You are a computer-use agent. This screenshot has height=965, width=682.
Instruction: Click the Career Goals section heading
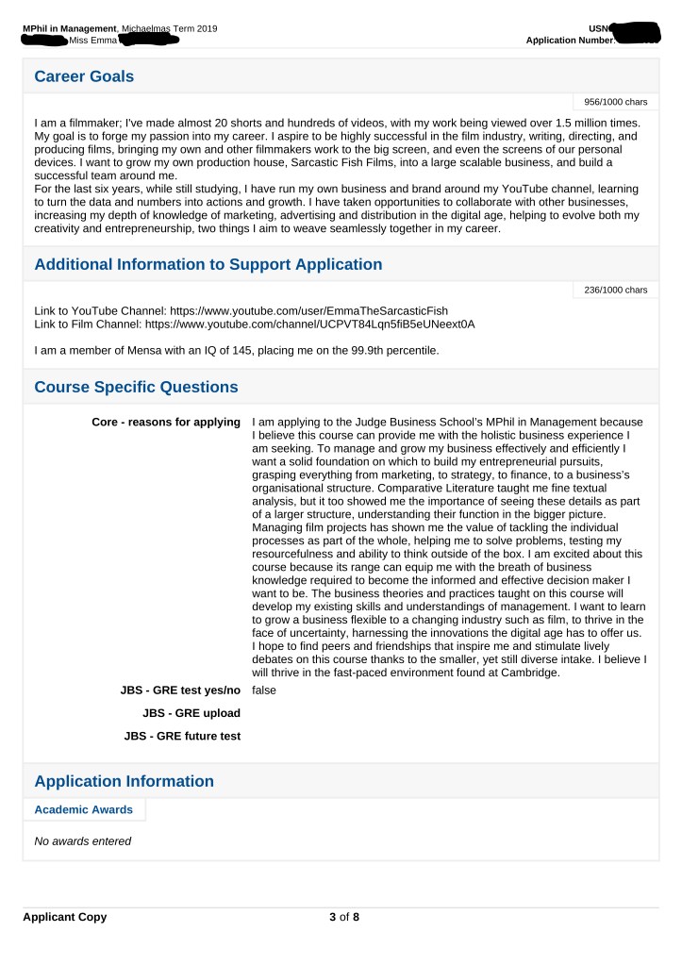[84, 76]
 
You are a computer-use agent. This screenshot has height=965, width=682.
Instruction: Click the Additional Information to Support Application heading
[208, 264]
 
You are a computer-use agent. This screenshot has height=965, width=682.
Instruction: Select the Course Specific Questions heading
[136, 387]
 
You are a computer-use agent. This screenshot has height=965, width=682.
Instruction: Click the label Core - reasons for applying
[165, 421]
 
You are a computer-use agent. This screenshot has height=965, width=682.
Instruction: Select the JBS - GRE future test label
[182, 736]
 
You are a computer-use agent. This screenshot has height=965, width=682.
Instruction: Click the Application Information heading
[124, 781]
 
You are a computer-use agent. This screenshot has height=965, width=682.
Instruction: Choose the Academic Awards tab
[83, 809]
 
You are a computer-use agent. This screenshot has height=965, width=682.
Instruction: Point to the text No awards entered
[82, 841]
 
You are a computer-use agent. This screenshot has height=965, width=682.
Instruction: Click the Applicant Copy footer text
[65, 917]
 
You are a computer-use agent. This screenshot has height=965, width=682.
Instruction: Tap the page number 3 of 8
[341, 917]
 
